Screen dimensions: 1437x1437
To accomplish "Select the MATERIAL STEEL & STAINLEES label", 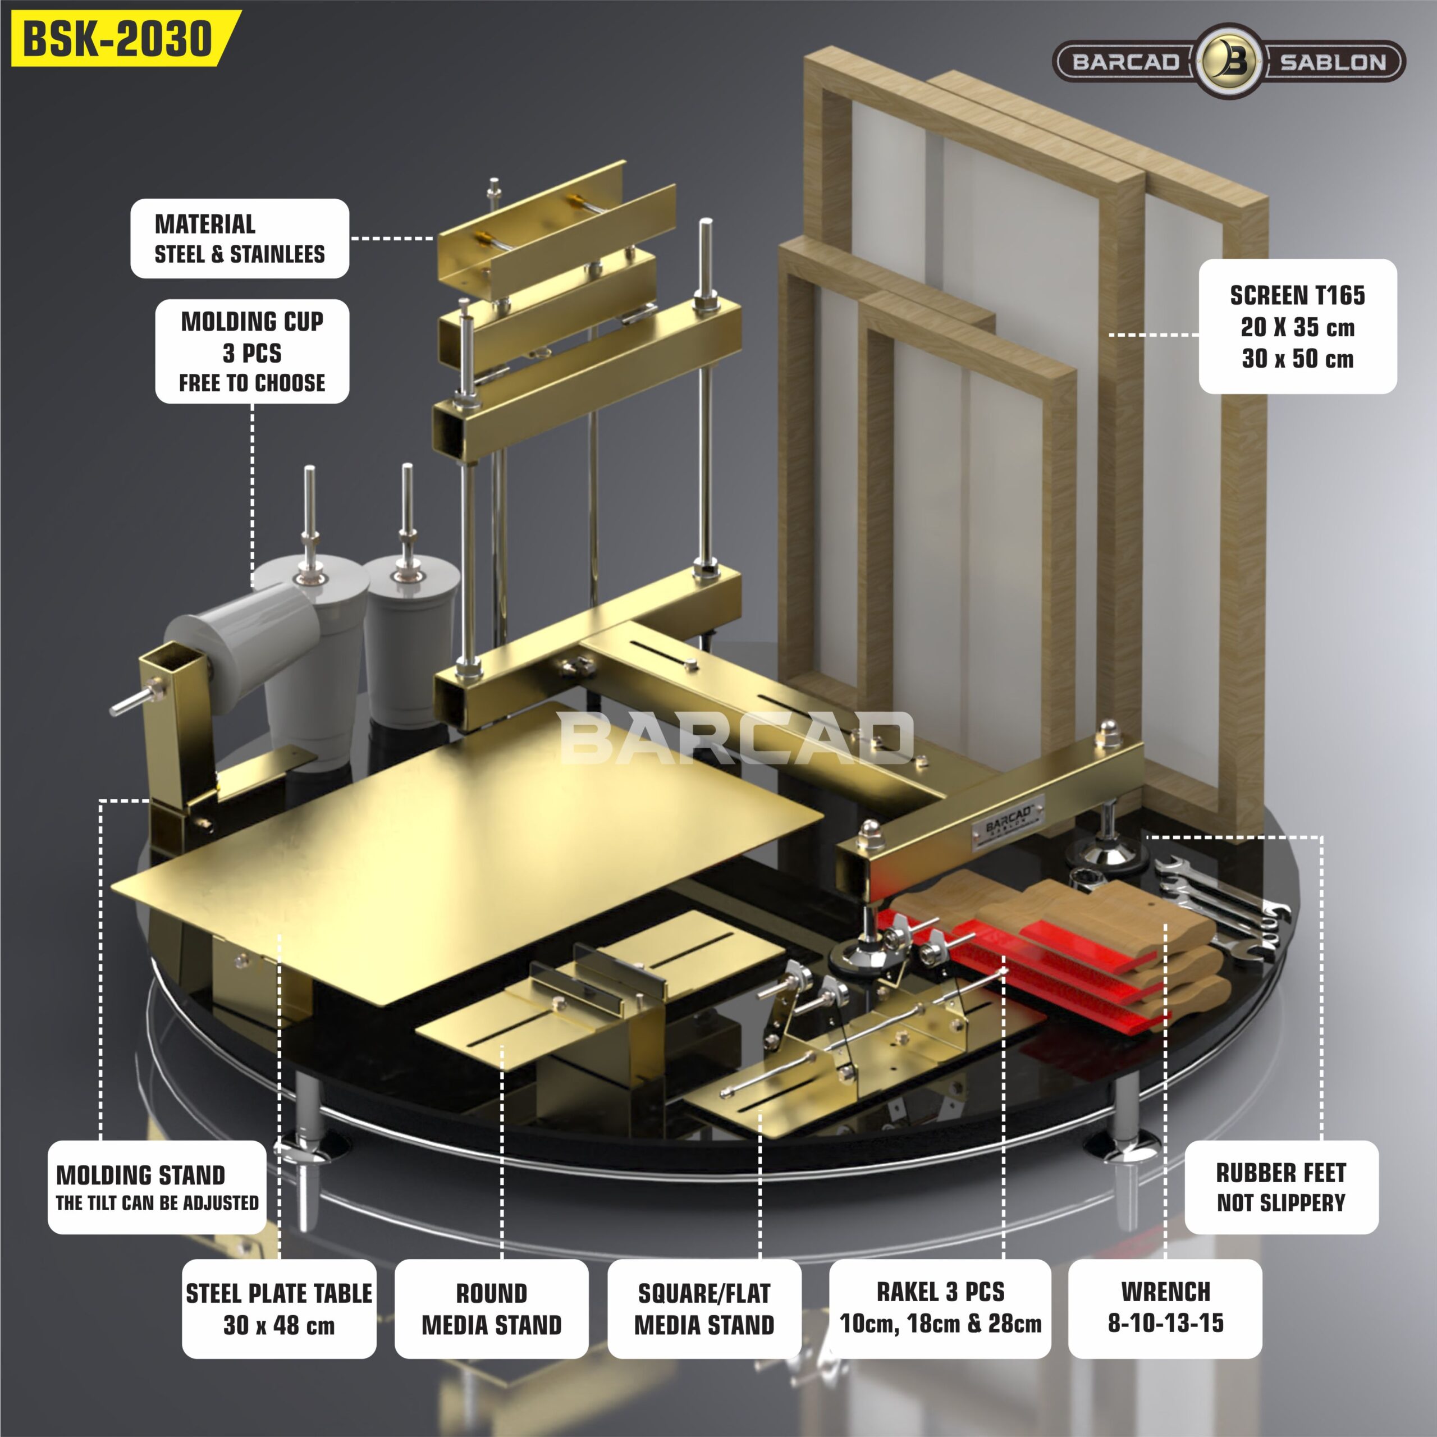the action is [x=240, y=239].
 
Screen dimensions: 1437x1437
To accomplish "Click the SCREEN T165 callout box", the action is [x=1298, y=327].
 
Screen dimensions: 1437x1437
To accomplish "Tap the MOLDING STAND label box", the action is [x=157, y=1188].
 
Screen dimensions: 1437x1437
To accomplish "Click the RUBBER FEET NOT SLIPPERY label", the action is [x=1282, y=1188].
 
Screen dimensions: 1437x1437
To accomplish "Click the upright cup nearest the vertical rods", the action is [x=409, y=640].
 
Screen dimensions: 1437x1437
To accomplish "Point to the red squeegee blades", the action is [x=1041, y=967].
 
